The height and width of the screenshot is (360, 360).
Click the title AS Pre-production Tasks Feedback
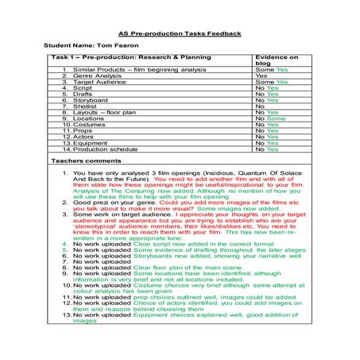click(180, 34)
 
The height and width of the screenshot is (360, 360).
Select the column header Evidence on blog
click(275, 63)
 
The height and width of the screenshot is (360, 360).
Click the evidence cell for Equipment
click(267, 142)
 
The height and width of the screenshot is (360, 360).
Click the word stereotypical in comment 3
click(95, 230)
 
